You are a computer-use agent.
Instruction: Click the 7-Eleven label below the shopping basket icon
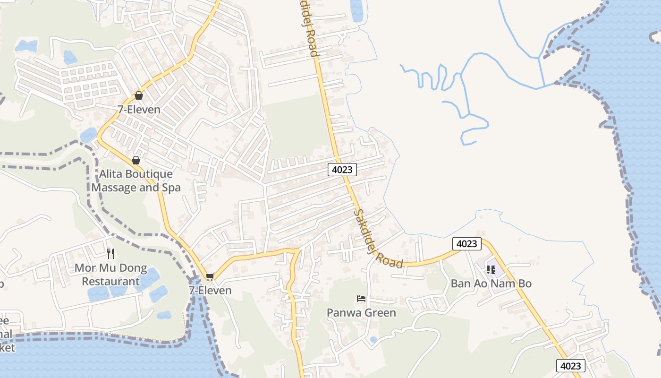click(x=139, y=110)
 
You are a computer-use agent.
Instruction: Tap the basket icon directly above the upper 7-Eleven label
click(x=139, y=95)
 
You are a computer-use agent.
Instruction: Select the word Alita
click(x=112, y=174)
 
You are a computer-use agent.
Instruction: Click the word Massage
click(x=113, y=188)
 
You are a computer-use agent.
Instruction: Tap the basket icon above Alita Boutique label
click(x=136, y=160)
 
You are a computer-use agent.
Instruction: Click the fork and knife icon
click(x=110, y=254)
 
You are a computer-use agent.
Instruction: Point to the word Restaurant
click(x=111, y=282)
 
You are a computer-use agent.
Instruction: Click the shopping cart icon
click(x=210, y=276)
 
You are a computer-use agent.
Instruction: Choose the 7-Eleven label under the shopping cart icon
click(x=210, y=290)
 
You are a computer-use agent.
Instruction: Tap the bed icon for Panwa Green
click(x=361, y=299)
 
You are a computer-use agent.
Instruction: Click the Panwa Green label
click(x=361, y=312)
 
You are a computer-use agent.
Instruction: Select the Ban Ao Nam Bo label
click(x=491, y=283)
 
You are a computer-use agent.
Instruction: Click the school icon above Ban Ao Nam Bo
click(x=491, y=269)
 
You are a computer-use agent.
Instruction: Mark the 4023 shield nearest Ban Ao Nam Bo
click(x=466, y=243)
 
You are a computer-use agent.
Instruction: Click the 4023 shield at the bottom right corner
click(x=570, y=366)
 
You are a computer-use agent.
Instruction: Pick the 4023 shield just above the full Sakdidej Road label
click(x=342, y=170)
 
